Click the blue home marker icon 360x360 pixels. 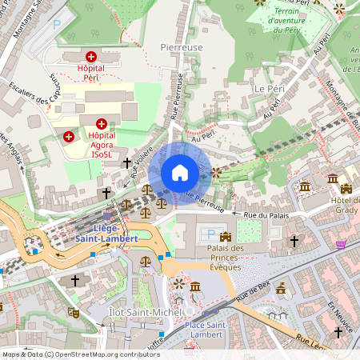(x=179, y=173)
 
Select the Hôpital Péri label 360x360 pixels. (x=92, y=72)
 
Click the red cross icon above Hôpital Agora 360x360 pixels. (x=102, y=123)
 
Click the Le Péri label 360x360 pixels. (x=270, y=86)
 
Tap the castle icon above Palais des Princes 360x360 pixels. (x=225, y=236)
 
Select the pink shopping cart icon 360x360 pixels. (x=342, y=244)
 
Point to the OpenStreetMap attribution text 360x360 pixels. (x=80, y=354)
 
